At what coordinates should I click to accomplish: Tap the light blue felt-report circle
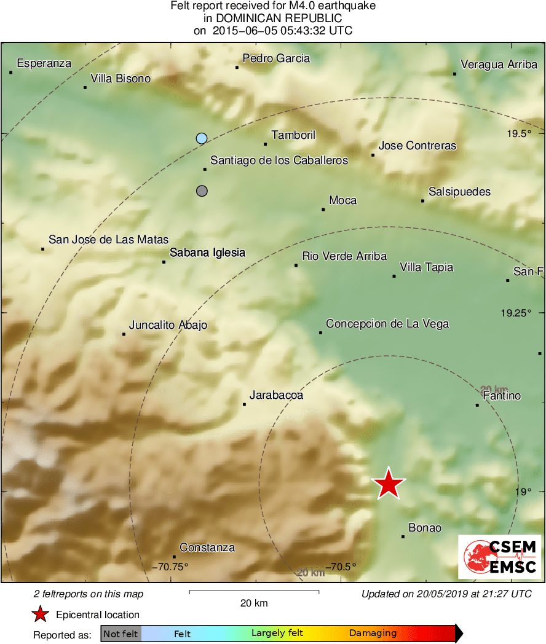pos(202,138)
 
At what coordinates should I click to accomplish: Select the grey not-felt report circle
pos(202,191)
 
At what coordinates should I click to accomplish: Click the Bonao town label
pos(425,528)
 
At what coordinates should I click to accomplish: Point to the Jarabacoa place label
pos(276,396)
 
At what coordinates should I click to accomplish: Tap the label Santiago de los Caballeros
pos(279,160)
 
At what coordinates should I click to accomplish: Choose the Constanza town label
pos(207,548)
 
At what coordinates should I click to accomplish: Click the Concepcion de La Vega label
pos(387,324)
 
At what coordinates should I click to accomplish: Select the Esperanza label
pos(44,63)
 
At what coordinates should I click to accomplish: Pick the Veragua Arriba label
pos(499,65)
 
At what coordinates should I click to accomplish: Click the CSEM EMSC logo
pos(500,557)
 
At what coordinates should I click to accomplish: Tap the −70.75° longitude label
pos(170,567)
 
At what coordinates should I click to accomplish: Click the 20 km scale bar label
pos(253,603)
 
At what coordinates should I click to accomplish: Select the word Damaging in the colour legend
pos(373,633)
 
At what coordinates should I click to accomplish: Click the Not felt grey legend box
pos(121,633)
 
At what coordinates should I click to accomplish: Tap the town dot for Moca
pos(323,210)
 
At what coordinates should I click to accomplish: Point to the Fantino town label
pos(502,396)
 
